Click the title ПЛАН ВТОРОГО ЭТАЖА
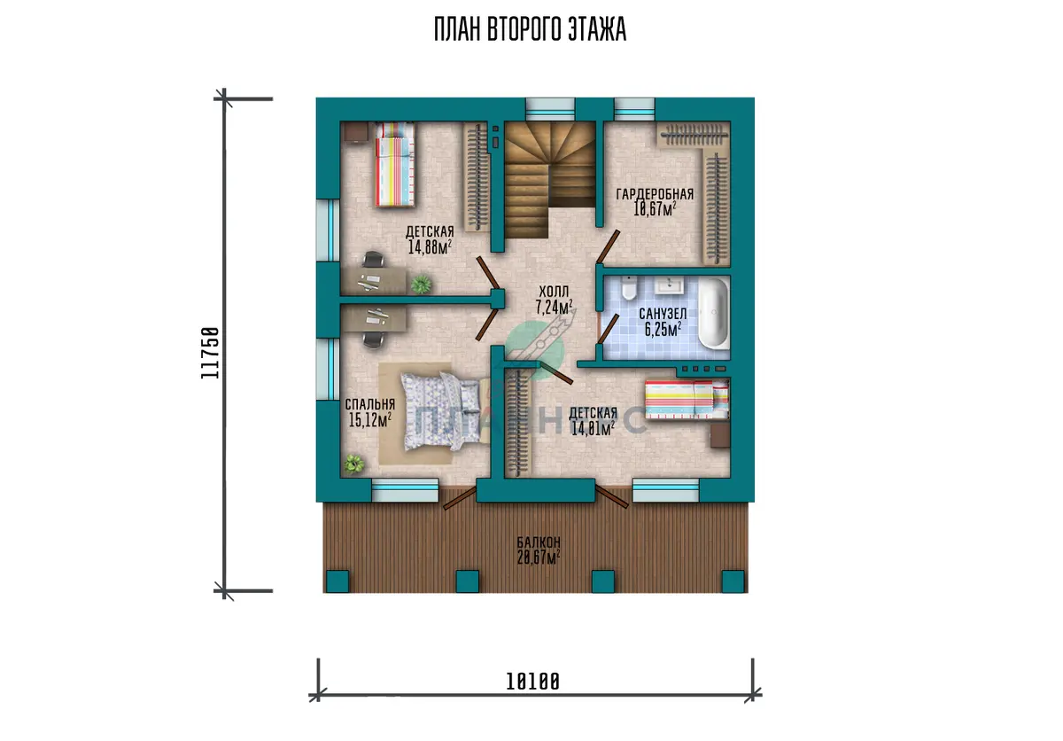(530, 29)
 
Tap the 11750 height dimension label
(210, 353)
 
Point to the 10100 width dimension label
(533, 682)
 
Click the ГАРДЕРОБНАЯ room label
(655, 194)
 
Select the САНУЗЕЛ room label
(663, 314)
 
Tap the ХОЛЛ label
(554, 292)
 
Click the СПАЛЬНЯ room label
(370, 404)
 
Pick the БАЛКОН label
(539, 542)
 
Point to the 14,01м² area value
(593, 429)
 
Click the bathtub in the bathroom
(713, 313)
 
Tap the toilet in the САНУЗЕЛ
(629, 288)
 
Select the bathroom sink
(669, 286)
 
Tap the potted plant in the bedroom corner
(354, 464)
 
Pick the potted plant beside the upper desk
(421, 284)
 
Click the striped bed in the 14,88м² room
(395, 164)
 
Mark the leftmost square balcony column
(338, 581)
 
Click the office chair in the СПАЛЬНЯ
(374, 339)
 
